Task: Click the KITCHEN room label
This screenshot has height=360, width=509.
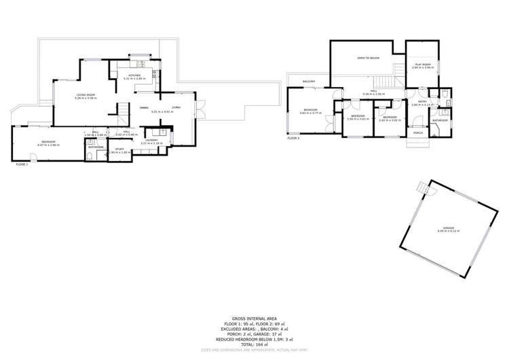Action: click(132, 76)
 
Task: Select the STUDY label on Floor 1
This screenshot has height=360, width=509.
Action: click(119, 149)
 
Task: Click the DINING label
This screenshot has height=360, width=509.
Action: click(144, 108)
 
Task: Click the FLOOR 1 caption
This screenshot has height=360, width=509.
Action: click(22, 164)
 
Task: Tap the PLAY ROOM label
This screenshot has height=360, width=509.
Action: click(423, 65)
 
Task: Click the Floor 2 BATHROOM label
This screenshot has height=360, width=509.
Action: click(440, 120)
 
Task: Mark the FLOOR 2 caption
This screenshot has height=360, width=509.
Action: click(293, 138)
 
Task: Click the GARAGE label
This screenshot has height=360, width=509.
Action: click(449, 228)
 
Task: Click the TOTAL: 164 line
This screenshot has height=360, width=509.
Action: click(254, 344)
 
